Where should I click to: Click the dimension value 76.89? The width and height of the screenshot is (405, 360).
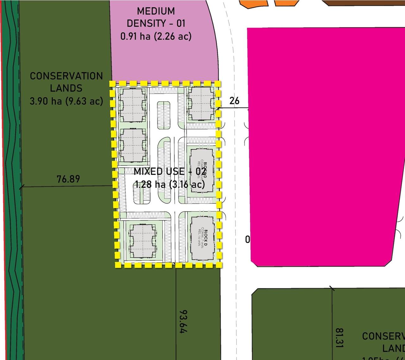pos(68,179)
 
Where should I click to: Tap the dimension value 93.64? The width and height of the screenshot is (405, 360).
pos(183,321)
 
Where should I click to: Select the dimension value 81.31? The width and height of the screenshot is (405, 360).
pos(339,338)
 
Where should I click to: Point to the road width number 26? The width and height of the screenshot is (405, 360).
pos(234,101)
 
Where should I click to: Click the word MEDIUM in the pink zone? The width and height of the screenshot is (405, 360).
pos(156,11)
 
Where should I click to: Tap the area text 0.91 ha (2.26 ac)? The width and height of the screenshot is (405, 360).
pos(156,36)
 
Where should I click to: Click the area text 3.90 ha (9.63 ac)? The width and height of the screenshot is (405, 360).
pos(66,101)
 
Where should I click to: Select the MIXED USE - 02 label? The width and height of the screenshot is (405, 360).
pos(170,171)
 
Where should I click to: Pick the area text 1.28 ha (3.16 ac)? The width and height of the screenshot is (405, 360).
pos(170,184)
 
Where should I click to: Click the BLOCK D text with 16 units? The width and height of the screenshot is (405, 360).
pos(202,238)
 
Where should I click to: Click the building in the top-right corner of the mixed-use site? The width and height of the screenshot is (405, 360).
pos(201,103)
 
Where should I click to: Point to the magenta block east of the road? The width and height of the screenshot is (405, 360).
pos(323,146)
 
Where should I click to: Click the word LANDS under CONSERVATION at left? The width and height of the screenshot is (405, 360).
pos(66,88)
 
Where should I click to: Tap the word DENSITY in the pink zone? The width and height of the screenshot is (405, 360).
pos(146,23)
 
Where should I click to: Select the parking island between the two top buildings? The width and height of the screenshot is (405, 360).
pos(164,111)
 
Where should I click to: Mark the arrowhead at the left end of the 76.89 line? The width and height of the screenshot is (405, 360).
pos(21,187)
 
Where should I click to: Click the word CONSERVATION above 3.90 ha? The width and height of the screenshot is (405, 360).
pos(66,76)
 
